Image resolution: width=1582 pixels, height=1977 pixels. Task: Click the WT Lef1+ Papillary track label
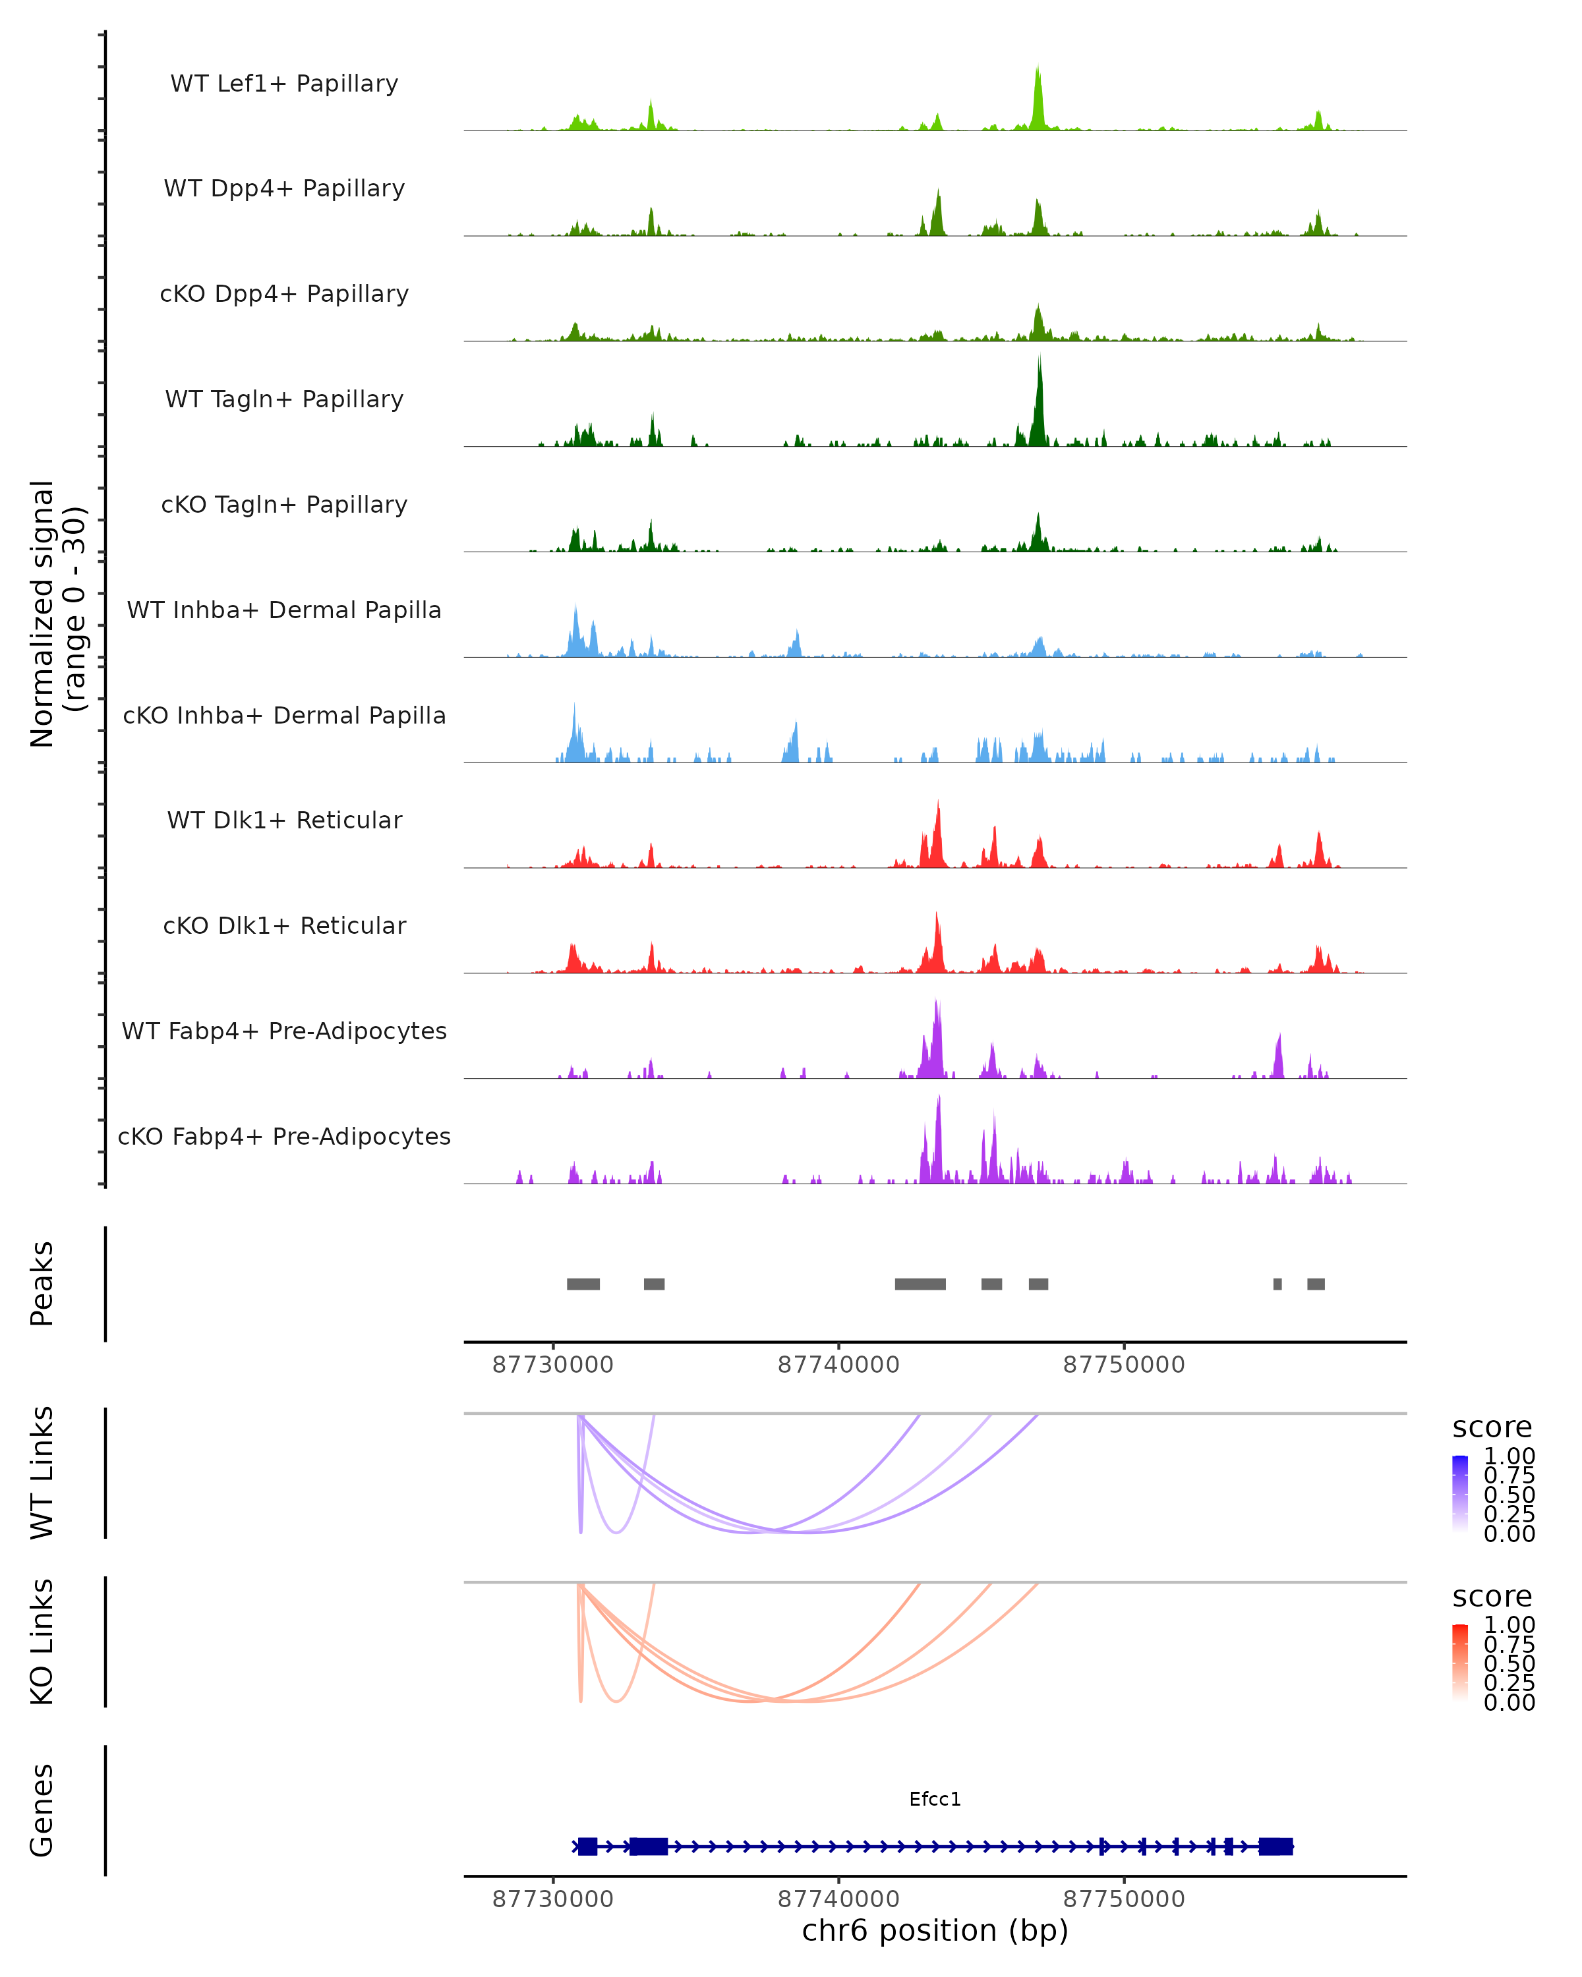[284, 84]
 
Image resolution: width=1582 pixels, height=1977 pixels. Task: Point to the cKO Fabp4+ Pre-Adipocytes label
[284, 1136]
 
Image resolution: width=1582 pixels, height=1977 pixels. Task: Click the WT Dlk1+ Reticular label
[284, 820]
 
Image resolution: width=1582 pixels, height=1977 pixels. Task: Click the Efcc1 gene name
[935, 1799]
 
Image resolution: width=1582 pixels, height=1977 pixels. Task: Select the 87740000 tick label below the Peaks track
[838, 1365]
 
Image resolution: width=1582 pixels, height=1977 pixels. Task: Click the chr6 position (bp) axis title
[935, 1930]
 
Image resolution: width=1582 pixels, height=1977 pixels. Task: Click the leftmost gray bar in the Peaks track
[583, 1284]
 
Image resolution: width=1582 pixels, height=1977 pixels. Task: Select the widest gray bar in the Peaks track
[920, 1284]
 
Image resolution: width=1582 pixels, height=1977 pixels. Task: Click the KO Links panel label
[42, 1642]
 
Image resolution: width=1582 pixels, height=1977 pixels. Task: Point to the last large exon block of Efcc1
[1275, 1846]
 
